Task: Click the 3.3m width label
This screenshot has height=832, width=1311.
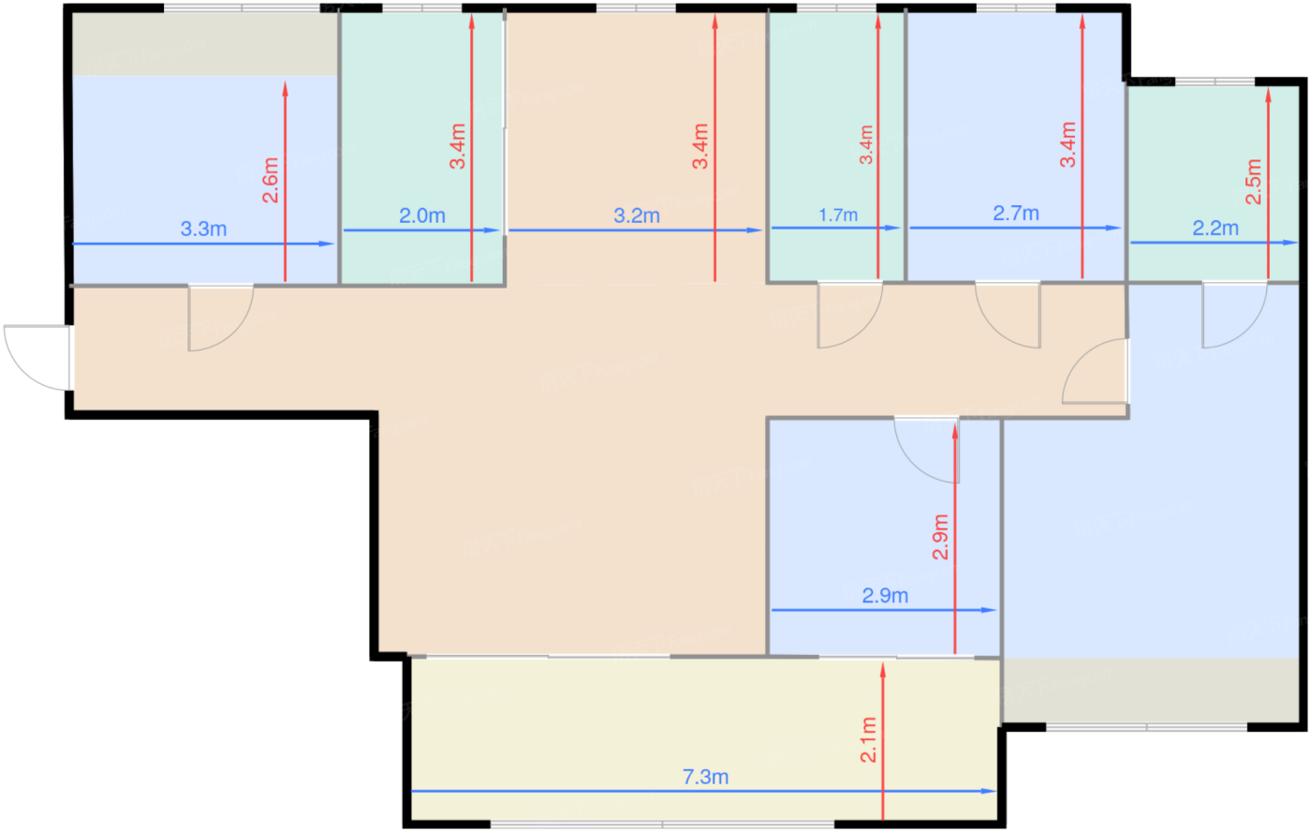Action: [203, 229]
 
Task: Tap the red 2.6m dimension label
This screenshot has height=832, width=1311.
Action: [271, 180]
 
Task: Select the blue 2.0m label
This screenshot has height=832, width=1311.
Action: [422, 215]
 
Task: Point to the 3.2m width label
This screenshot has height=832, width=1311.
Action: [637, 215]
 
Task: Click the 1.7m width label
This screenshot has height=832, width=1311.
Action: [838, 215]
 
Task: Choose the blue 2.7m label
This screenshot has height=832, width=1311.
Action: [1016, 213]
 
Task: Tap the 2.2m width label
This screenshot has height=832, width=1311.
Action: [1215, 228]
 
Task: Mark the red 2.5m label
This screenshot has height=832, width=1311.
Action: [1254, 182]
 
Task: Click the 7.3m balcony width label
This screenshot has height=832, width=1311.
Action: [705, 777]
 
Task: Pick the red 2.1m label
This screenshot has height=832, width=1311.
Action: [869, 739]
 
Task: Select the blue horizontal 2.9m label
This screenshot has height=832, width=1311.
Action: [885, 596]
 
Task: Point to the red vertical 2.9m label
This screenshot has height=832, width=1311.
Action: [940, 537]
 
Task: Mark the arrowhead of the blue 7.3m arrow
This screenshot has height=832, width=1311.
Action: [989, 791]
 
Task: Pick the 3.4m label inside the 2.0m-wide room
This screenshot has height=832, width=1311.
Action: [458, 146]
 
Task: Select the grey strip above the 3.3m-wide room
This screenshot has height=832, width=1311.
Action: [205, 44]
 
